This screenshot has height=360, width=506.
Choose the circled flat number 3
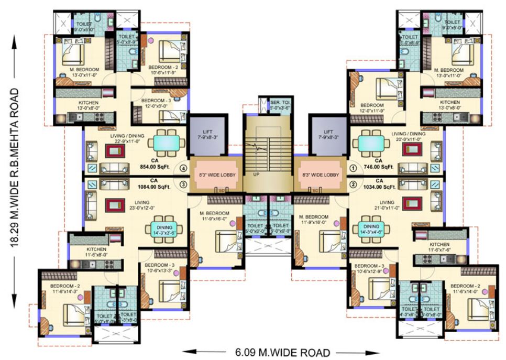click(x=183, y=184)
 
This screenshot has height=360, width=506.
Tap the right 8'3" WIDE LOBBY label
click(x=318, y=174)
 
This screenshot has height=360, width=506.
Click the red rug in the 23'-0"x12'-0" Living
click(x=115, y=205)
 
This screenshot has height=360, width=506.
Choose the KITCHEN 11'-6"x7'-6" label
click(x=440, y=247)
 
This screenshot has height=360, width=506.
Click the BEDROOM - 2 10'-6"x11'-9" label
click(x=163, y=71)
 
